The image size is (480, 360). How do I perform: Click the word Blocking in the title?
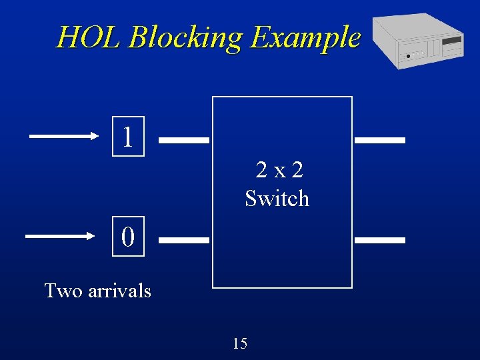click(184, 37)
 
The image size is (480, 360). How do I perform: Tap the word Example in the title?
click(305, 37)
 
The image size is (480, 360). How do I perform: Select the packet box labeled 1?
click(128, 137)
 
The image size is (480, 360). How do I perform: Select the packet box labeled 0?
click(128, 236)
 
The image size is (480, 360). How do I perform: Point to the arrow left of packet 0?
click(60, 235)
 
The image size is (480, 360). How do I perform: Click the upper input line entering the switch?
click(184, 141)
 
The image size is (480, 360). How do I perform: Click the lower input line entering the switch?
click(184, 239)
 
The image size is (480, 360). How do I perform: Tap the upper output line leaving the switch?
click(380, 141)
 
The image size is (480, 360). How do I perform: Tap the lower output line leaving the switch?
click(380, 239)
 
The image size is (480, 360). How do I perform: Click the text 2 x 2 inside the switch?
click(280, 171)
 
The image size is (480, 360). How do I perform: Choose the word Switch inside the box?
click(277, 199)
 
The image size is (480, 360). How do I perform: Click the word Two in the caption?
click(63, 291)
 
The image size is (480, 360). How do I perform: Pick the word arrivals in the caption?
click(120, 291)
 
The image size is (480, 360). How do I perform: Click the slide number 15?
click(240, 343)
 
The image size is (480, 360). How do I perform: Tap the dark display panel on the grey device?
click(452, 40)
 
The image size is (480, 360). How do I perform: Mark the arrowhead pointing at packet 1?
click(94, 136)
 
